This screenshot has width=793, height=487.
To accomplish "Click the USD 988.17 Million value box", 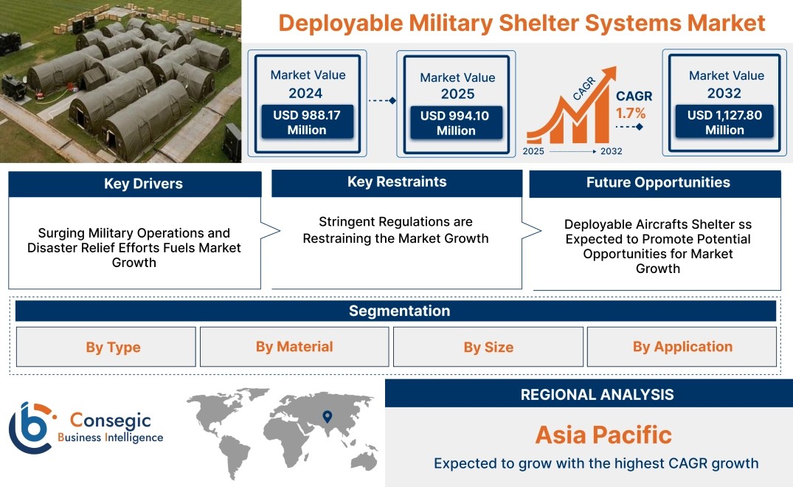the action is point(307,122).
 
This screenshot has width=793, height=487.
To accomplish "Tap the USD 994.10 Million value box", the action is point(456,122).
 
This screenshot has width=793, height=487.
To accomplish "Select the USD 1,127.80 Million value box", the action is point(724,122).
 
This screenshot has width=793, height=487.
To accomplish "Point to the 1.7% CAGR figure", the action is point(630,114).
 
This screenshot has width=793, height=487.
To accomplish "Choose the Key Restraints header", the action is point(397,182).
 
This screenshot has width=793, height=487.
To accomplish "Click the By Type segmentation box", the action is point(105,347).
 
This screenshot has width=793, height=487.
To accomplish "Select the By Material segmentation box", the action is point(294,347).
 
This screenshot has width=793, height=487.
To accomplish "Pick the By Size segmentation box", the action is point(488,347).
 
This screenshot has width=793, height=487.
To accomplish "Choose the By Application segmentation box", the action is point(682,347).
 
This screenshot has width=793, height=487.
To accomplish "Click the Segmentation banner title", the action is point(399,311).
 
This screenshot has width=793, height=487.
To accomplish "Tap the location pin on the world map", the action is point(328,416).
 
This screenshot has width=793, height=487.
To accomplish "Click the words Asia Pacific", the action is point(603,435).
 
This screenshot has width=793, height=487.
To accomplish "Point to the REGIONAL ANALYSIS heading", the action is point(598,395).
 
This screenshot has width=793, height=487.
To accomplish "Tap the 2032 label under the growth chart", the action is point(611,151).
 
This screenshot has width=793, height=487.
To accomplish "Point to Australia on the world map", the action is point(364,460).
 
